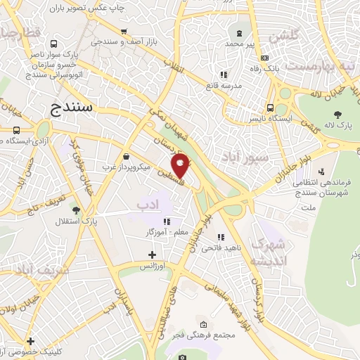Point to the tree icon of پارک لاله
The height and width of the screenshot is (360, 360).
[x=338, y=115]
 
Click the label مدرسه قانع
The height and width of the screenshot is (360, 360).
[x=224, y=85]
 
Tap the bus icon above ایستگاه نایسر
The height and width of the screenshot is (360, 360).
[x=270, y=108]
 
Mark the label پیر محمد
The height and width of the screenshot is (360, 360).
[x=240, y=44]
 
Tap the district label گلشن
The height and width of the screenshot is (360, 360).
[x=285, y=34]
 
